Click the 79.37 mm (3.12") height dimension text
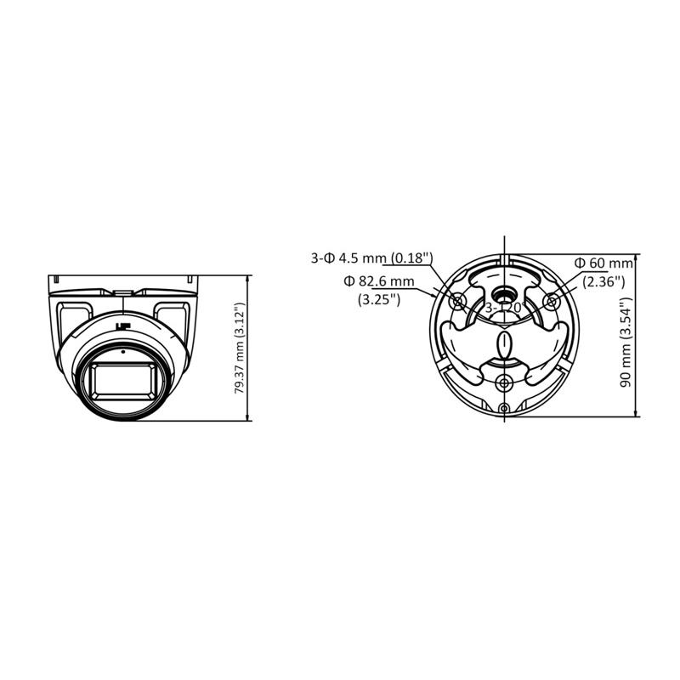click(240, 348)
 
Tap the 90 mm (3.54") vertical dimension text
click(626, 343)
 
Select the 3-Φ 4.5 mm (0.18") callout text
click(372, 258)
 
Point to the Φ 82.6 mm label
click(379, 281)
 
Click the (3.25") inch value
click(379, 300)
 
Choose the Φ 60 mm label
click(603, 263)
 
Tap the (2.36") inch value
click(603, 282)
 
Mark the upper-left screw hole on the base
click(457, 301)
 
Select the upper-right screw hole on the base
click(551, 301)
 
